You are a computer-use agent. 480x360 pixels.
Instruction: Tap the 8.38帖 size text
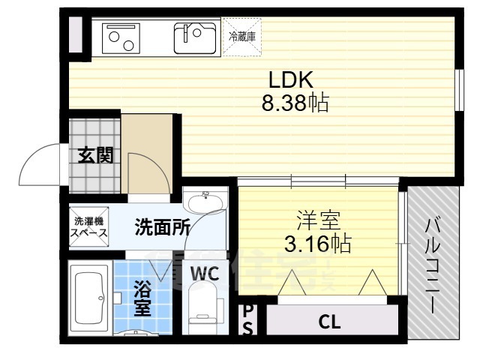[295, 103]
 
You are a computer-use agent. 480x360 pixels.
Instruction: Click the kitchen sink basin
[196, 37]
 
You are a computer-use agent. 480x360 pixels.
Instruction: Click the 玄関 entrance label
[95, 156]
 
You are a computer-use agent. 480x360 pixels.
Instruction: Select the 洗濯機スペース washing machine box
[89, 226]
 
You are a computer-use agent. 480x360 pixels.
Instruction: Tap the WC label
[204, 274]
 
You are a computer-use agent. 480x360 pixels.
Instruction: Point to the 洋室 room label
[318, 220]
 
